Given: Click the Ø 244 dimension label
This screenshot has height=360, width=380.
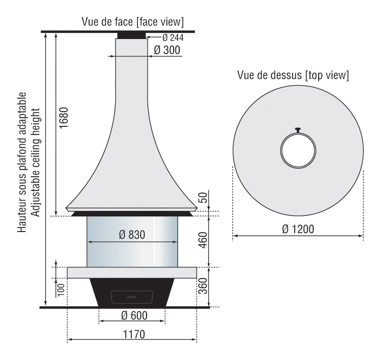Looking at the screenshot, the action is coord(173,37).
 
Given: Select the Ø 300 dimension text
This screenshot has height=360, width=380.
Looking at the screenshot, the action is coord(167,50).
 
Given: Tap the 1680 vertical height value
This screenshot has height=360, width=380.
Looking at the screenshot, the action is coord(64,118).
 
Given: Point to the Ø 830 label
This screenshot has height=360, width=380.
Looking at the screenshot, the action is coord(132,235).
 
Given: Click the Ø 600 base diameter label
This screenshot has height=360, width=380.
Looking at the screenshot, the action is coord(134,316).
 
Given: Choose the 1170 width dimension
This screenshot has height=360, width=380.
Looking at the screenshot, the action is coord(134,335).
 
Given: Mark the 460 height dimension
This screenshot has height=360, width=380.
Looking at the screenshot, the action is coord(203,240).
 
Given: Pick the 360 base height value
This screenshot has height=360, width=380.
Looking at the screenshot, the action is coord(203,286).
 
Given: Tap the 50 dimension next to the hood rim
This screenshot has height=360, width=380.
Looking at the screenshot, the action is coord(203,197).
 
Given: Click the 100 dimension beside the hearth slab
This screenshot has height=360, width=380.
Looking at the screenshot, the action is coord(61,290).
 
